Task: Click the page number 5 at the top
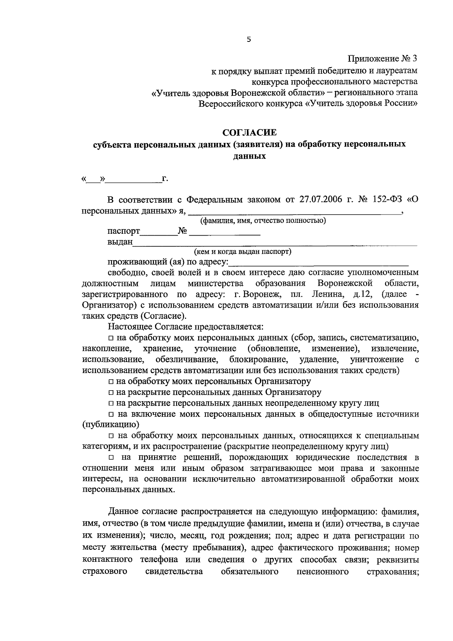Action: (248, 40)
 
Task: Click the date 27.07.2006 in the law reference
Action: (322, 199)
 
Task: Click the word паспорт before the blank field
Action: (123, 231)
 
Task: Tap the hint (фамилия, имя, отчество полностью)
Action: (263, 221)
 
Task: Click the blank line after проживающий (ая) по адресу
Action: (319, 262)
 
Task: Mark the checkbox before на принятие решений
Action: (111, 458)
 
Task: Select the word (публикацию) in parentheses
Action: (106, 425)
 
